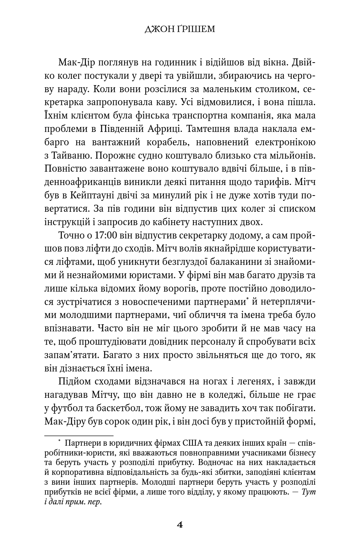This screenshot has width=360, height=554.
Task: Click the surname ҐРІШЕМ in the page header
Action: (196, 29)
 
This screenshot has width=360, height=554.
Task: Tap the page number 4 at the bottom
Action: (180, 525)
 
